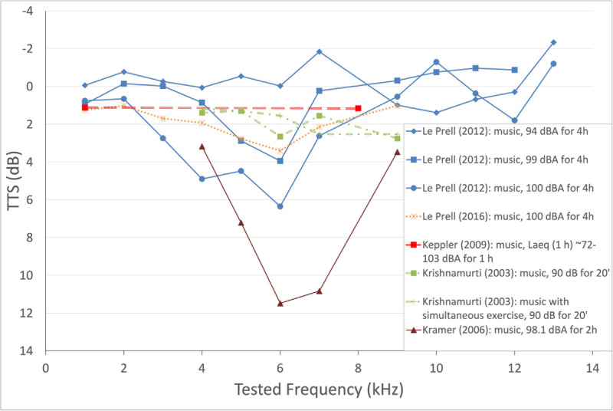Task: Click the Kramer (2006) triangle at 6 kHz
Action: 280,303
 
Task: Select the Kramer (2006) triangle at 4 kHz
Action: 202,146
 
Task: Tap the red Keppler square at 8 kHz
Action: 358,108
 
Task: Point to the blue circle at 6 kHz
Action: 280,206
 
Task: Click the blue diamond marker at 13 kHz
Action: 553,42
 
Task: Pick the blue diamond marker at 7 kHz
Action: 319,51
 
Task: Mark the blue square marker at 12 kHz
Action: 514,70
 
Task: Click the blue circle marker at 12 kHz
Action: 514,120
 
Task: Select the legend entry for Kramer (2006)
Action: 502,330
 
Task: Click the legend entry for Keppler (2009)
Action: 502,252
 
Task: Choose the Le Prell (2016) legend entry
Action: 500,216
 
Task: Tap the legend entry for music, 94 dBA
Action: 497,131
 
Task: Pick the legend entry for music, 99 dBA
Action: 497,159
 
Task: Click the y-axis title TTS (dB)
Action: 14,181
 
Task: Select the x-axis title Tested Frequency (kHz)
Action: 319,390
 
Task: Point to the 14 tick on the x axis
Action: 592,368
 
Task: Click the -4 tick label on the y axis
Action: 28,11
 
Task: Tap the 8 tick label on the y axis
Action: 30,238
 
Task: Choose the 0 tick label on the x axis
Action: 46,368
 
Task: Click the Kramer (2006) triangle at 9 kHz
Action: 397,152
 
